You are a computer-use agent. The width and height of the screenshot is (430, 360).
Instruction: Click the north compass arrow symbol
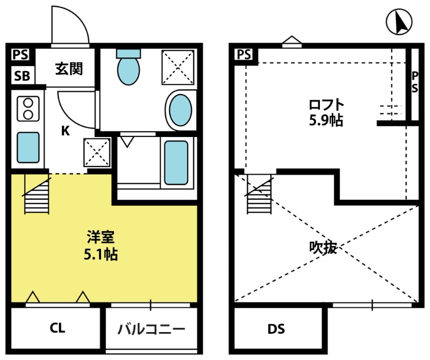click(x=399, y=21)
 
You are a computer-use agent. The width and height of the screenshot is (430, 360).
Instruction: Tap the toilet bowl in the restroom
click(x=128, y=71)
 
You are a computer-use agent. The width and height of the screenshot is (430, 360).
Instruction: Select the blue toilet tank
click(x=128, y=54)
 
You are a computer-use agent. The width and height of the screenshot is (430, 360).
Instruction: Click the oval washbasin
click(x=180, y=110)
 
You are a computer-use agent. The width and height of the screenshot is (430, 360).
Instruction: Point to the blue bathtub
click(x=176, y=163)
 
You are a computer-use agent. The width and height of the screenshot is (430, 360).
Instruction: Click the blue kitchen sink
click(x=28, y=148)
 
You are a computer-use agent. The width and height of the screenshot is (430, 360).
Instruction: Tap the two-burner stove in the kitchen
click(x=28, y=109)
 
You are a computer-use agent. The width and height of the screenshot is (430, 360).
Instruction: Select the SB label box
click(x=22, y=75)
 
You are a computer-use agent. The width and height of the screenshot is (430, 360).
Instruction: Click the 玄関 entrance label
click(x=69, y=69)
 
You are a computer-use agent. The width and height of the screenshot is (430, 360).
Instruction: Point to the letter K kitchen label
click(x=65, y=131)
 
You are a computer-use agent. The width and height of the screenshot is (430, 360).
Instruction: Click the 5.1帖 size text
click(x=101, y=255)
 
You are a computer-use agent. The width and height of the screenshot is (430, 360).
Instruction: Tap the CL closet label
click(x=58, y=328)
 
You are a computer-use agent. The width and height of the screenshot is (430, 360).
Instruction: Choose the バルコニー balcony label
click(x=152, y=328)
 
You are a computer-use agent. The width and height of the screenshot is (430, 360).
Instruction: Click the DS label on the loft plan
click(x=276, y=329)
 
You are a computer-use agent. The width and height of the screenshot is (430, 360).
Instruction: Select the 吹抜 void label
click(x=323, y=248)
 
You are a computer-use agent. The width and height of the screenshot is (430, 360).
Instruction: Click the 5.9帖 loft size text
click(x=326, y=120)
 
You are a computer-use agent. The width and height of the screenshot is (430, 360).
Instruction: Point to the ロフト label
click(x=326, y=104)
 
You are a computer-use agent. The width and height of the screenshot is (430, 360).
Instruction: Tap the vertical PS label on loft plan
click(x=414, y=82)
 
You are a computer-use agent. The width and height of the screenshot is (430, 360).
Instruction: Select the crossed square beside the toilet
click(x=178, y=67)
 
